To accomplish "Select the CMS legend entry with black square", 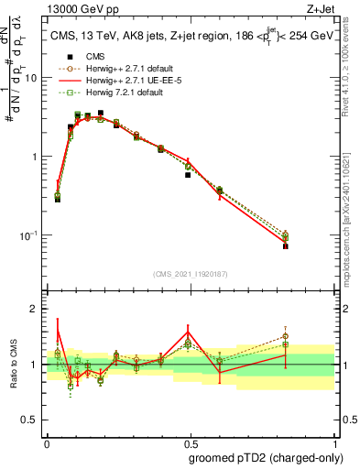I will [x=94, y=56].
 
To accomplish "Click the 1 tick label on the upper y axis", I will [x=36, y=157].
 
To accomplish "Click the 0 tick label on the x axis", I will [x=46, y=442].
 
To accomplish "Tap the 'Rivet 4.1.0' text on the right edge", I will [x=352, y=64].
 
